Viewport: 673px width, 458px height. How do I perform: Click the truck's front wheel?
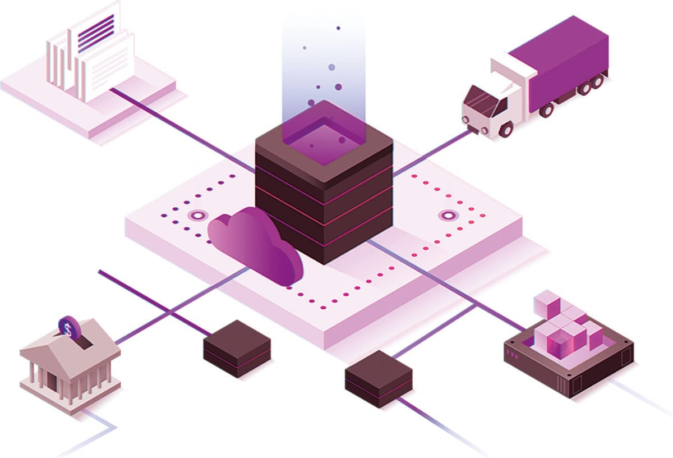point(506,129)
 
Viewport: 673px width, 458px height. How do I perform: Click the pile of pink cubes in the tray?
point(564,326)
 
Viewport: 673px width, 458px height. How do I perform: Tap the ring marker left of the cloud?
point(197,215)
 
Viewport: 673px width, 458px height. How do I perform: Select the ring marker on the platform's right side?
point(449,215)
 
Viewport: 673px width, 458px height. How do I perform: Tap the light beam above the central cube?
point(324,62)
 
